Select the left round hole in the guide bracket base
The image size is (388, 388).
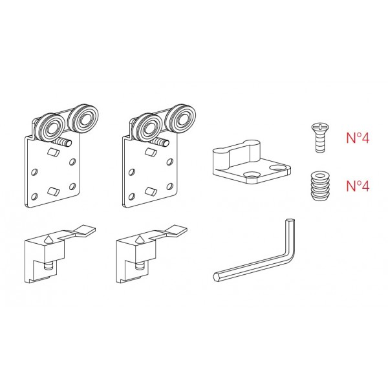[x=250, y=174]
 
